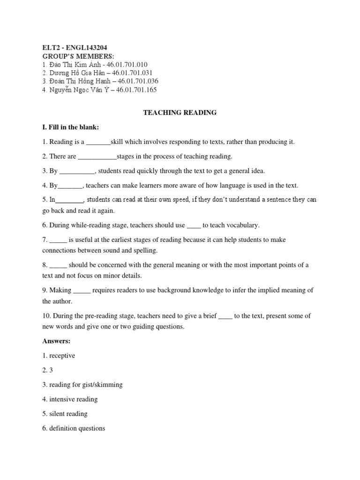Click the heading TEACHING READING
[180, 112]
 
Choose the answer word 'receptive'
[62, 356]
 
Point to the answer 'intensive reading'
[74, 399]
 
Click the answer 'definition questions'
[77, 428]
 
